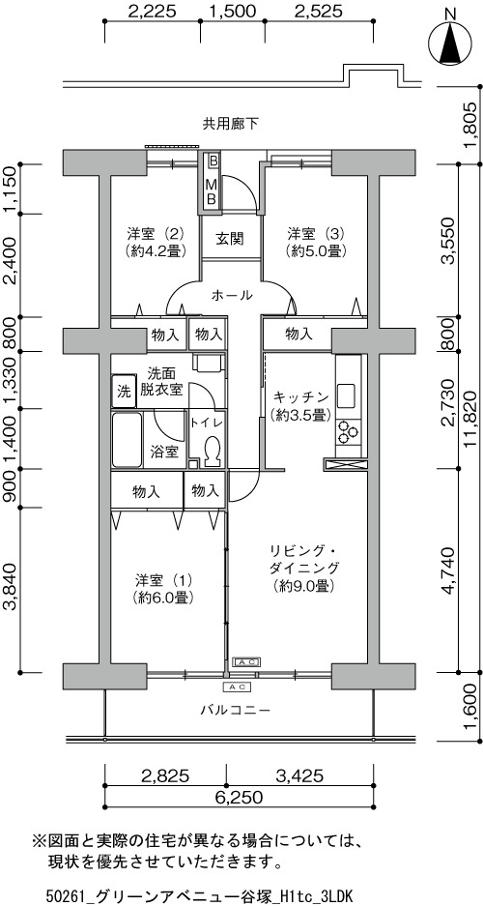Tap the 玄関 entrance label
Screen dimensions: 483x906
[230, 238]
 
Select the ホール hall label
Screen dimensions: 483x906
[232, 295]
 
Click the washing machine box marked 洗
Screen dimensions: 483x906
[124, 392]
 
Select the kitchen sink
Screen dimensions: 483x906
[348, 395]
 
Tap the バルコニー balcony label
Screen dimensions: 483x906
[236, 709]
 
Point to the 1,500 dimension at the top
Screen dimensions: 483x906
[232, 11]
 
